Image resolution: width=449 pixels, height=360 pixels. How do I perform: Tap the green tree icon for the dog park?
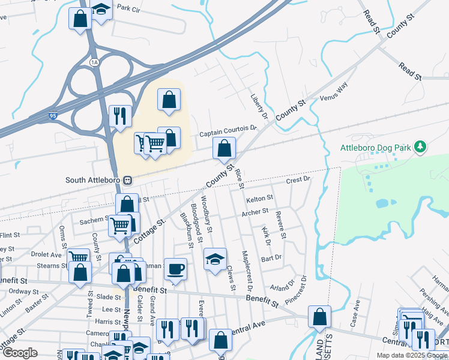421,146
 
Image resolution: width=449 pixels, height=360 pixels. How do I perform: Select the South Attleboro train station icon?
127,180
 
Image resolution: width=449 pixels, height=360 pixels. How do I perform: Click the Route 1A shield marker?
93,62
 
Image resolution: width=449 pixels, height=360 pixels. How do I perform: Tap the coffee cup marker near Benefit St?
175,268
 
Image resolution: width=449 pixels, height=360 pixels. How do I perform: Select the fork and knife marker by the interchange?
120,115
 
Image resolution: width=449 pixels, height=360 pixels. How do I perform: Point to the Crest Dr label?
297,179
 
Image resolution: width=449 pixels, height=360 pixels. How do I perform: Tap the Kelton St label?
259,197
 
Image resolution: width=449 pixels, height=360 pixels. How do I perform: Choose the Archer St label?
255,212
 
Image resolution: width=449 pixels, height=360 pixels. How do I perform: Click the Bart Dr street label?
271,258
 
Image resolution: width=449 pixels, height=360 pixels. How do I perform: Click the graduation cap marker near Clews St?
215,259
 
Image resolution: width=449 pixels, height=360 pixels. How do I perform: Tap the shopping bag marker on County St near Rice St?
224,148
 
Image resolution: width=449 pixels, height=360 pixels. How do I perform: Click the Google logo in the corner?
20,353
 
